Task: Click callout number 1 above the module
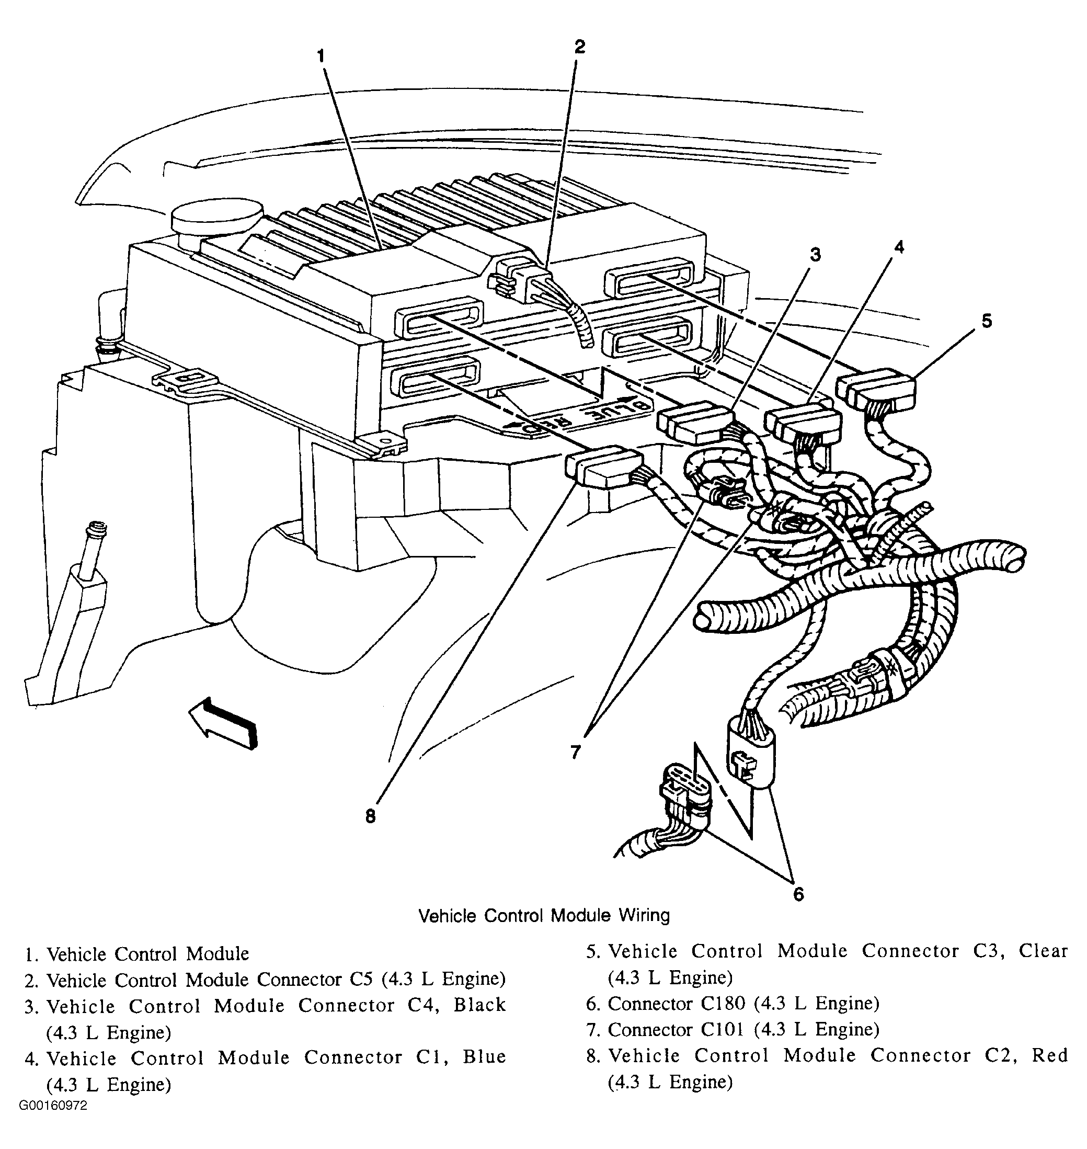[321, 56]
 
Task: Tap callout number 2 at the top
[580, 47]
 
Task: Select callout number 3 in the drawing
[815, 254]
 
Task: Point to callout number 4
[899, 247]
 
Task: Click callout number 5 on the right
[987, 321]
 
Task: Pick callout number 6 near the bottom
[798, 895]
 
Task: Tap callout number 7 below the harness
[575, 752]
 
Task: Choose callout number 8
[370, 816]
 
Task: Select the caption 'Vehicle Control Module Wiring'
[544, 916]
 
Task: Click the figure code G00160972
[53, 1121]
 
